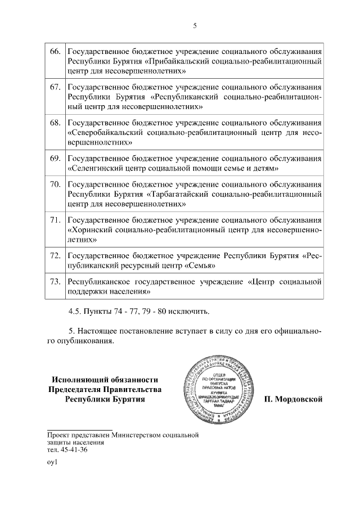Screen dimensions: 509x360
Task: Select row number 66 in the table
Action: (55, 52)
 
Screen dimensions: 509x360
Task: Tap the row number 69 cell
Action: (55, 158)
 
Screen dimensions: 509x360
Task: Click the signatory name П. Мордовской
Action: (292, 399)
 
